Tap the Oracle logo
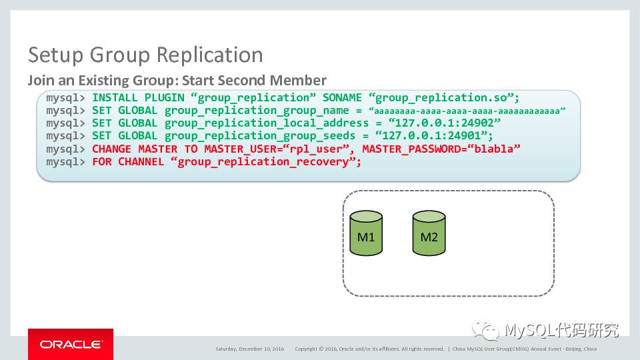pyautogui.click(x=70, y=344)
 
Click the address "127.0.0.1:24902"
pyautogui.click(x=447, y=123)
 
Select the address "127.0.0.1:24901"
pyautogui.click(x=440, y=136)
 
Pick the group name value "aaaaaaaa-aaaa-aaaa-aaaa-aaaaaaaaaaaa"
pyautogui.click(x=467, y=111)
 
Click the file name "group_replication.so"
pyautogui.click(x=444, y=98)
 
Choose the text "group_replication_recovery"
pyautogui.click(x=263, y=161)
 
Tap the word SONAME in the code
pyautogui.click(x=342, y=98)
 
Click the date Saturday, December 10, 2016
pyautogui.click(x=249, y=349)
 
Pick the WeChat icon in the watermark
pyautogui.click(x=485, y=331)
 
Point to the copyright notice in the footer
pyautogui.click(x=369, y=349)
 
